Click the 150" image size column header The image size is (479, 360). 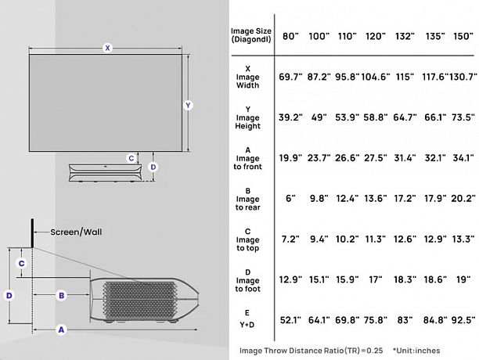point(463,36)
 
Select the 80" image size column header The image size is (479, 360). point(290,36)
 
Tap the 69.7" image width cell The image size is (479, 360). point(290,77)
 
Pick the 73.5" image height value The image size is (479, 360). point(463,117)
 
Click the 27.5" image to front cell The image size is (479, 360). point(376,158)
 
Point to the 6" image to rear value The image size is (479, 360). point(290,199)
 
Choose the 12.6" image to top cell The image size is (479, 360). point(405,239)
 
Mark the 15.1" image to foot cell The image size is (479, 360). point(319,279)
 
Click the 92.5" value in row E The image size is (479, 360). point(463,320)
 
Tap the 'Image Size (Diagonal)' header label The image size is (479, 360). point(251,35)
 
